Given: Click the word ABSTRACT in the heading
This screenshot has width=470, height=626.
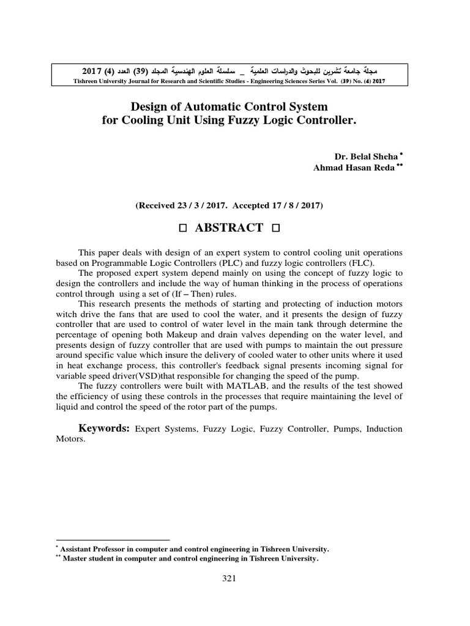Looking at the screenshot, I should [229, 228].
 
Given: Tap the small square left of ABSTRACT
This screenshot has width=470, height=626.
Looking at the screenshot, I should [182, 229].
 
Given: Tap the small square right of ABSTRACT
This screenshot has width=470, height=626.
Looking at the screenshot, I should [275, 229].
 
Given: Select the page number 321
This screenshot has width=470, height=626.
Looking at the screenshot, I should [229, 579].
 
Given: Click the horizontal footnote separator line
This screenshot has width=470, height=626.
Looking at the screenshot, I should [108, 540].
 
